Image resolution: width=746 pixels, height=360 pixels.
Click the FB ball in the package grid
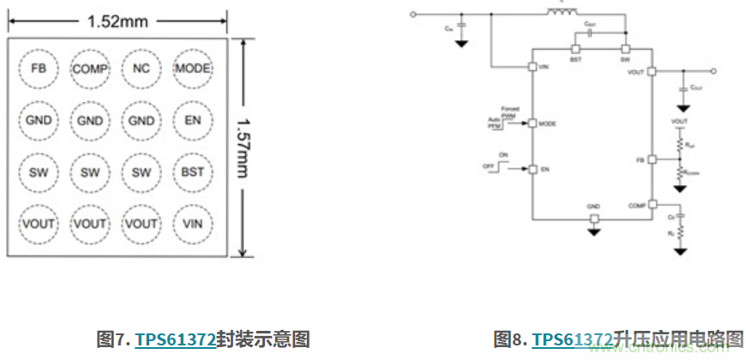[39, 69]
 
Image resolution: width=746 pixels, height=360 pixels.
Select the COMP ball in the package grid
[90, 69]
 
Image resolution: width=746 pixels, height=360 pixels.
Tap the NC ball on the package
[141, 69]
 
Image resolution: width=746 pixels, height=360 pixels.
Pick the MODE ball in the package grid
[193, 69]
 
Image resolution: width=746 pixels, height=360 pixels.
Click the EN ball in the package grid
[193, 121]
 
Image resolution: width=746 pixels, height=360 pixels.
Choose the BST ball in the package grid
[193, 172]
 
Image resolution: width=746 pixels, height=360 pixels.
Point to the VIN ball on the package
[193, 224]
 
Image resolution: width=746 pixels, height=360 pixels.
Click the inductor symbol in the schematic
[563, 12]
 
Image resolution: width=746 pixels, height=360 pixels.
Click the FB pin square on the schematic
[652, 160]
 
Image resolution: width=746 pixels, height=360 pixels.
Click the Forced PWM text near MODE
[511, 112]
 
